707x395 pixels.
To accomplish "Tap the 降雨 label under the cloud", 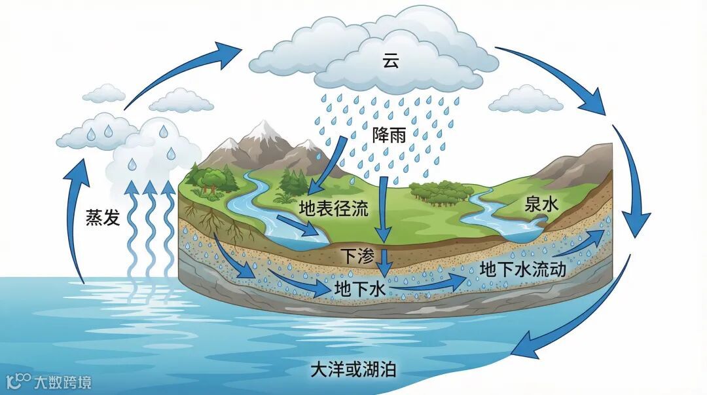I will [389, 136].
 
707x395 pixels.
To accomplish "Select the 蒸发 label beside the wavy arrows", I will [103, 218].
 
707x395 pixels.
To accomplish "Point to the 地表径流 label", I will [334, 209].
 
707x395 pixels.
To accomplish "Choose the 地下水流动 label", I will [522, 269].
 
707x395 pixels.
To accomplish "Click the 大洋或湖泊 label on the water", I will [353, 369].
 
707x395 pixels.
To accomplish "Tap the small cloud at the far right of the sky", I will [526, 100].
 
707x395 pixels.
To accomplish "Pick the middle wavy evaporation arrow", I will [150, 229].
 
